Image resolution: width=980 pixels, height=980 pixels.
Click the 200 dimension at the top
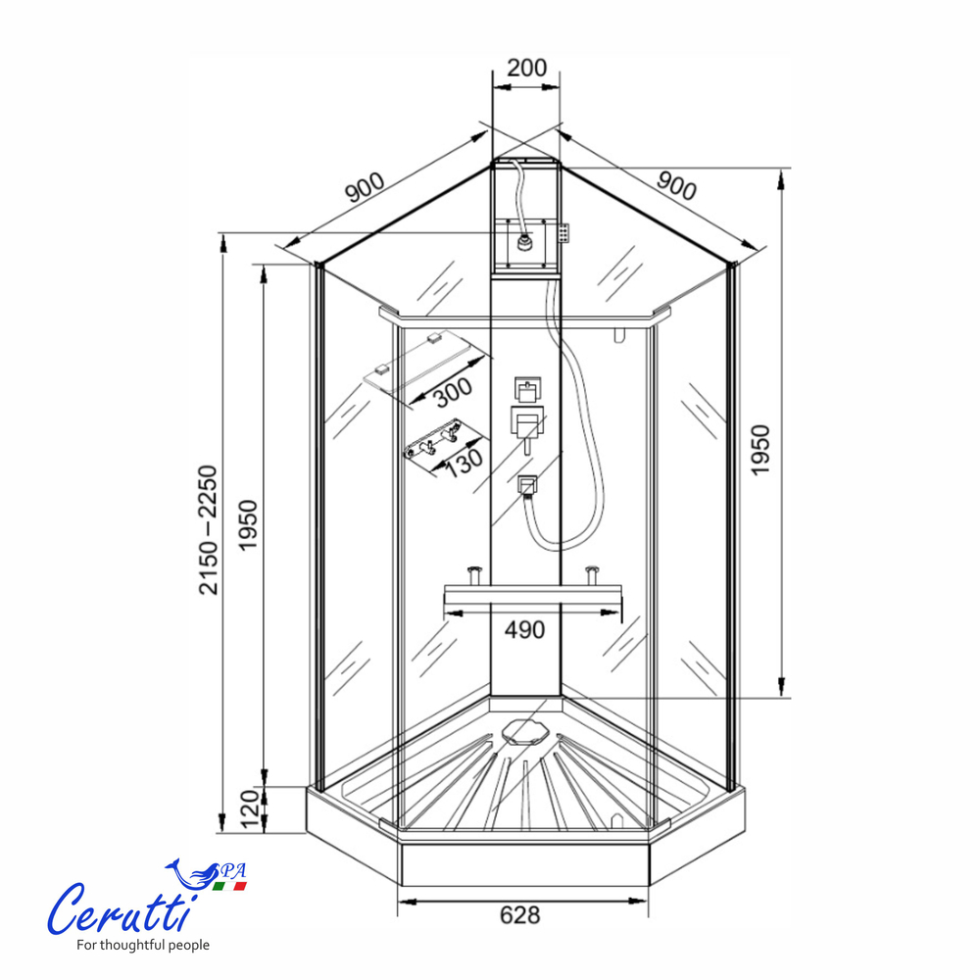pyautogui.click(x=526, y=68)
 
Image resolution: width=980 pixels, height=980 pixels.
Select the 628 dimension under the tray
pyautogui.click(x=519, y=915)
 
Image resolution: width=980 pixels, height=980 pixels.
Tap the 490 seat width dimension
pyautogui.click(x=524, y=630)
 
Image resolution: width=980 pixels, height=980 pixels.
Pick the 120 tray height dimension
pyautogui.click(x=249, y=809)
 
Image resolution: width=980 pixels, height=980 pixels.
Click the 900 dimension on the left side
pyautogui.click(x=365, y=186)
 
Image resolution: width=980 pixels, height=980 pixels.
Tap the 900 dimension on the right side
pyautogui.click(x=676, y=183)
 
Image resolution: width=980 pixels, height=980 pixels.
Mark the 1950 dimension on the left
pyautogui.click(x=249, y=524)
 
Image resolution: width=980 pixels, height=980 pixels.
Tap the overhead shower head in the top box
pyautogui.click(x=525, y=240)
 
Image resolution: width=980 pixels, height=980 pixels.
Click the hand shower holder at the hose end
pyautogui.click(x=528, y=484)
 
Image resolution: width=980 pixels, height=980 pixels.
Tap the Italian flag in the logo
pyautogui.click(x=231, y=885)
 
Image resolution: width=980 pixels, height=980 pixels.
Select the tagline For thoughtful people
pyautogui.click(x=143, y=946)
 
